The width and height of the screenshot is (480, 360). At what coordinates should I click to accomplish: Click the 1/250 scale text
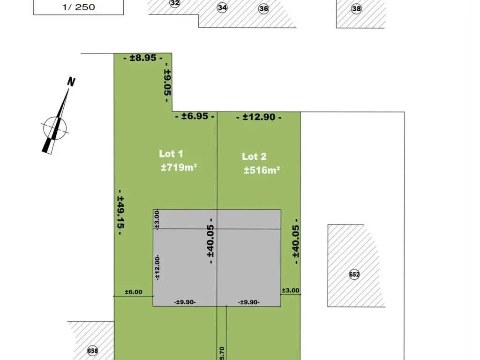click(79, 7)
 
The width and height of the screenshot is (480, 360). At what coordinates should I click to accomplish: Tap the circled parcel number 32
click(174, 3)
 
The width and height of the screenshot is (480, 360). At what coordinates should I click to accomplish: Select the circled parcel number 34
click(222, 7)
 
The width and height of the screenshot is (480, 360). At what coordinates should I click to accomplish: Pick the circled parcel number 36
click(263, 8)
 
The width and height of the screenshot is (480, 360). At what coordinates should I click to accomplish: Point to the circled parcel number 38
click(356, 8)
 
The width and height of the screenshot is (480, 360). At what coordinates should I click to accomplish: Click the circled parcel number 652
click(354, 274)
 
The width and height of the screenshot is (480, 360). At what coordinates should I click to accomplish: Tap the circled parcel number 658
click(92, 351)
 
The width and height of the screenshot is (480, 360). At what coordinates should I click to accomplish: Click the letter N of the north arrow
click(71, 82)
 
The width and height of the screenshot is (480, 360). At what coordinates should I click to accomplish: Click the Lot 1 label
click(171, 154)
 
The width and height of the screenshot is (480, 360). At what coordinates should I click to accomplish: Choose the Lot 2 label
click(254, 157)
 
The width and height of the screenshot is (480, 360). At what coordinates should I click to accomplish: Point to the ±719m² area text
click(179, 167)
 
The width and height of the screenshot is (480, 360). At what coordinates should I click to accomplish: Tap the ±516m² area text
click(262, 170)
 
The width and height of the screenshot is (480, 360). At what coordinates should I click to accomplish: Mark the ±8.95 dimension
click(143, 58)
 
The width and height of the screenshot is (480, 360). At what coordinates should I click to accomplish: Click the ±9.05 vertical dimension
click(167, 82)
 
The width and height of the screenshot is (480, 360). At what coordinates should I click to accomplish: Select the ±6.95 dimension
click(195, 116)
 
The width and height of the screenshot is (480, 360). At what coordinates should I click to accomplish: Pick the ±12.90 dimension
click(259, 117)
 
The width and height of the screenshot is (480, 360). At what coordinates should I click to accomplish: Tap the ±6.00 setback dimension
click(134, 292)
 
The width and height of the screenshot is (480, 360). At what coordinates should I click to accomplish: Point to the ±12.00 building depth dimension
click(157, 268)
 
